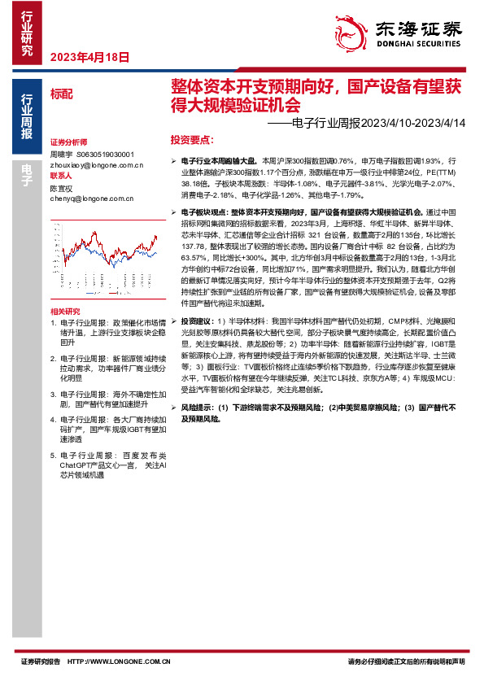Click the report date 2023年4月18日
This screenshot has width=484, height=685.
pyautogui.click(x=90, y=56)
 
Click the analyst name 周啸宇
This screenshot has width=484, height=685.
pyautogui.click(x=62, y=153)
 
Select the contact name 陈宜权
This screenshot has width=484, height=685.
pyautogui.click(x=62, y=187)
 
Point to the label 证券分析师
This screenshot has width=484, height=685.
pyautogui.click(x=68, y=142)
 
